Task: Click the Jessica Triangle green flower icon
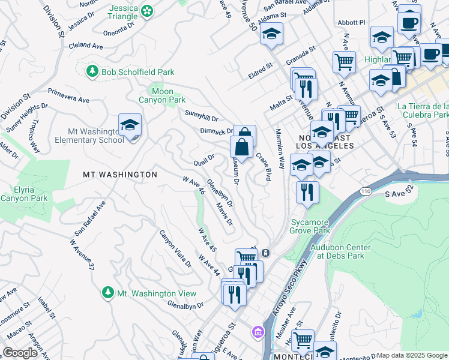pyautogui.click(x=146, y=11)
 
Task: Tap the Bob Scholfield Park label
pyautogui.click(x=137, y=72)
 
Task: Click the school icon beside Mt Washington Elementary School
pyautogui.click(x=130, y=125)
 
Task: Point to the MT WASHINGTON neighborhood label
pyautogui.click(x=119, y=175)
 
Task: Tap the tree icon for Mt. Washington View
pyautogui.click(x=107, y=292)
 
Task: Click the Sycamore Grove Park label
pyautogui.click(x=310, y=226)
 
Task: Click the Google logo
pyautogui.click(x=20, y=353)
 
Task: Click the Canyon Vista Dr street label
pyautogui.click(x=175, y=248)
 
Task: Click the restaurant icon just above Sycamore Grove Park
pyautogui.click(x=307, y=193)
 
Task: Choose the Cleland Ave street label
pyautogui.click(x=86, y=45)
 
